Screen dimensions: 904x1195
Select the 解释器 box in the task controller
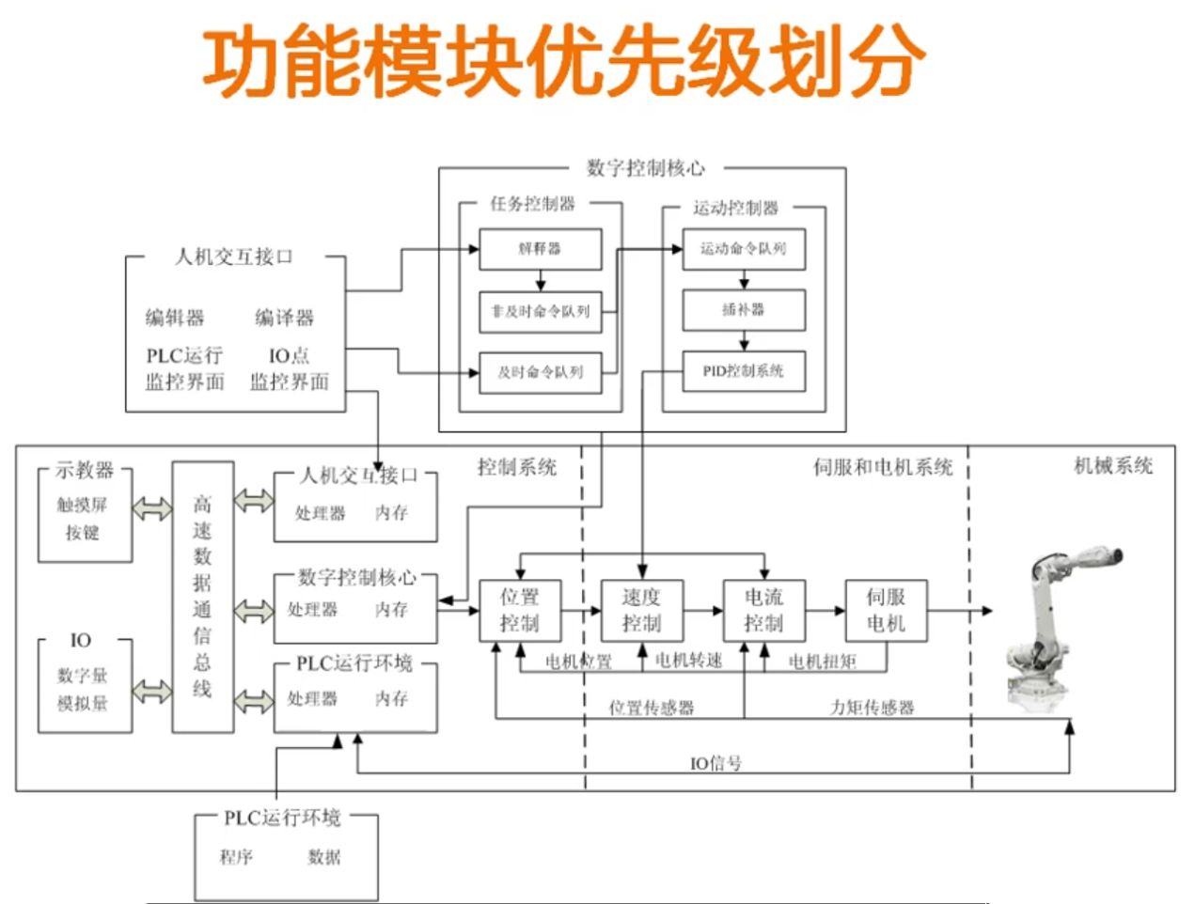coord(540,249)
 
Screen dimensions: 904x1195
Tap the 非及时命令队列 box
coord(540,311)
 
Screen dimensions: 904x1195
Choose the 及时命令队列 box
coord(540,372)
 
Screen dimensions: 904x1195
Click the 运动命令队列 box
coord(743,249)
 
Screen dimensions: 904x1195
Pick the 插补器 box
coord(743,310)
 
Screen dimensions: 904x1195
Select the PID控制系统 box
coord(743,371)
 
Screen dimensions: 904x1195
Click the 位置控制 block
coord(520,610)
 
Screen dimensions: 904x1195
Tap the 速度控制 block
coord(641,610)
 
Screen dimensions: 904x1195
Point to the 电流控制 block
coord(763,610)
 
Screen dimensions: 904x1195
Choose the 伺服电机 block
coord(886,610)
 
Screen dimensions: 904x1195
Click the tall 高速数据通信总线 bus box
coord(202,597)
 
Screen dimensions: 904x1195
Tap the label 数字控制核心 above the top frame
coord(645,168)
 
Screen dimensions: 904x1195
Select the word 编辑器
coord(175,318)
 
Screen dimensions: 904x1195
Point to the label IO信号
coord(715,763)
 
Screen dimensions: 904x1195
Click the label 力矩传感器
coord(872,708)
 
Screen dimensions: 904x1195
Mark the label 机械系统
coord(1113,466)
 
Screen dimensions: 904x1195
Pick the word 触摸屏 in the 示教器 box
coord(82,506)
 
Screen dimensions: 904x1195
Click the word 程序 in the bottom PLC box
coord(236,857)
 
